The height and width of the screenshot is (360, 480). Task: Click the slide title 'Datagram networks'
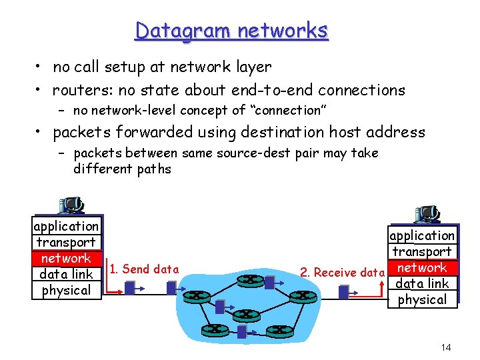[x=231, y=31]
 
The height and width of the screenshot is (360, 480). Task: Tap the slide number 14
[x=446, y=347]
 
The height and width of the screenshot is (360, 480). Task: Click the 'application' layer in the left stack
[x=66, y=226]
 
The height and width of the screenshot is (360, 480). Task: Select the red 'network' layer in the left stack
[x=66, y=258]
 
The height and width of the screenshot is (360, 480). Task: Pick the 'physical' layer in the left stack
[x=66, y=290]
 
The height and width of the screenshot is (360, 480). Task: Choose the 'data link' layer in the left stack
[x=66, y=274]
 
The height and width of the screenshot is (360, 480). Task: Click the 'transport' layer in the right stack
[x=422, y=251]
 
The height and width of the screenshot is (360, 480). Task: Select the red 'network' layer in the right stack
[x=422, y=267]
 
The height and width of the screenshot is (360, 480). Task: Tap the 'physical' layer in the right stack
[x=422, y=299]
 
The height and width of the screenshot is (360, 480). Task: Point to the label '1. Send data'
[x=144, y=269]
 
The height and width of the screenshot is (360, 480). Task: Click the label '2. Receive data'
[x=342, y=272]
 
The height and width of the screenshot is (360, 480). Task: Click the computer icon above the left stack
[x=70, y=205]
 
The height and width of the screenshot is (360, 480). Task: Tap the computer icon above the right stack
[x=427, y=214]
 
